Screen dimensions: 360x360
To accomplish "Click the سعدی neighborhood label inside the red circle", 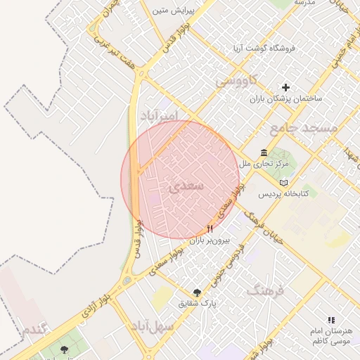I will pyautogui.click(x=186, y=186).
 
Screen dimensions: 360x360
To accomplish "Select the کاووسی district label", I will pyautogui.click(x=236, y=81).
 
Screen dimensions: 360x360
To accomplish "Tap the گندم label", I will pyautogui.click(x=34, y=329).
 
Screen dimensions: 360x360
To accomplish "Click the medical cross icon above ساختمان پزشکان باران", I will pyautogui.click(x=285, y=87).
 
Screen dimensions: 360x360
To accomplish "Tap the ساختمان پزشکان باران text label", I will pyautogui.click(x=285, y=99).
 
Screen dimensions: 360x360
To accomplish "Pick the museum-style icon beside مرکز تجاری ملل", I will pyautogui.click(x=264, y=153).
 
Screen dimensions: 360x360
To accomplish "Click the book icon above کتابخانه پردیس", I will pyautogui.click(x=283, y=183).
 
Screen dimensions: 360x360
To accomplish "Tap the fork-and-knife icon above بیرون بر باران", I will pyautogui.click(x=210, y=229).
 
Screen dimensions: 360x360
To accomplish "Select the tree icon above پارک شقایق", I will pyautogui.click(x=197, y=292).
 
